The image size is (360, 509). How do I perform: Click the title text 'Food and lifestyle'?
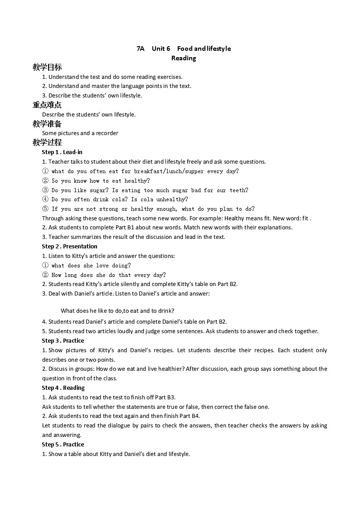pos(204,48)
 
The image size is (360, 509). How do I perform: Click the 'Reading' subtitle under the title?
pos(184,58)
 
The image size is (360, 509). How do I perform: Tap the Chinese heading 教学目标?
pos(47,67)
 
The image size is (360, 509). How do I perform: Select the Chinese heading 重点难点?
pos(47,105)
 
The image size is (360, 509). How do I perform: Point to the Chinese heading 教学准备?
pos(47,124)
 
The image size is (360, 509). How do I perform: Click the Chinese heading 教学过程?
pos(47,142)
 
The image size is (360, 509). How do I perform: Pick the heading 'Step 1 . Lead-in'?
pos(62,152)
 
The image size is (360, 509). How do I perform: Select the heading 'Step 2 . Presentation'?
pos(69,247)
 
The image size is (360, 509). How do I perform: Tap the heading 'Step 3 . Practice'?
pos(63,341)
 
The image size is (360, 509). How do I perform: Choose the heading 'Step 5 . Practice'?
pos(63,445)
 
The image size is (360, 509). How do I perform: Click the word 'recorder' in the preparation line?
pos(107,133)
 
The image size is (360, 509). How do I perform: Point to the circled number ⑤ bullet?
pos(45,209)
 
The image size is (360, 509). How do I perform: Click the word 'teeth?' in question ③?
pos(238,190)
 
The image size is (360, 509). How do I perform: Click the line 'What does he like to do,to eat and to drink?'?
pos(117,311)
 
